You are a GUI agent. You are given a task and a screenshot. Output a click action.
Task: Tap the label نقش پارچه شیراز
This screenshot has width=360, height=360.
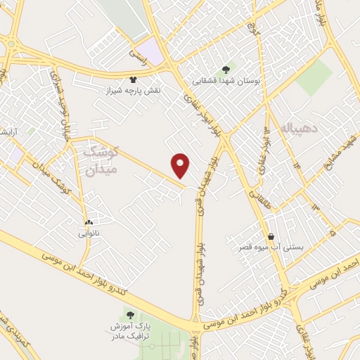(133, 91)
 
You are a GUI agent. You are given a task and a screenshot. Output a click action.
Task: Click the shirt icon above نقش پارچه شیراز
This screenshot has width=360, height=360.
(134, 79)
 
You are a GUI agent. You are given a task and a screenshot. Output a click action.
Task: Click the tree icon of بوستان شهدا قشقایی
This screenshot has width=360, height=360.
(225, 69)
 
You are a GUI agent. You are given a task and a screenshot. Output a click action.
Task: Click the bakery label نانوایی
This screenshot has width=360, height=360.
(89, 232)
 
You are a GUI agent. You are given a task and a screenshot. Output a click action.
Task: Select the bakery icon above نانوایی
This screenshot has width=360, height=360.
(89, 221)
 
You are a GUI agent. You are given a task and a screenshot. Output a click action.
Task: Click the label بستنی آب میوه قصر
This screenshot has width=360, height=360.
(271, 249)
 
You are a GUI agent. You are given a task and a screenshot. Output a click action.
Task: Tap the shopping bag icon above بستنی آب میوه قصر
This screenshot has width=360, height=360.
(271, 236)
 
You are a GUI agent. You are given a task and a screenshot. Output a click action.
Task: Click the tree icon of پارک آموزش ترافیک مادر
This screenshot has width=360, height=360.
(129, 312)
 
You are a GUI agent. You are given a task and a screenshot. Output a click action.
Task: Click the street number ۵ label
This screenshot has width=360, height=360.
(332, 229)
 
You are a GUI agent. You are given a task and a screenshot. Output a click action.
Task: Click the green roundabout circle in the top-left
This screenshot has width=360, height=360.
(12, 45)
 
